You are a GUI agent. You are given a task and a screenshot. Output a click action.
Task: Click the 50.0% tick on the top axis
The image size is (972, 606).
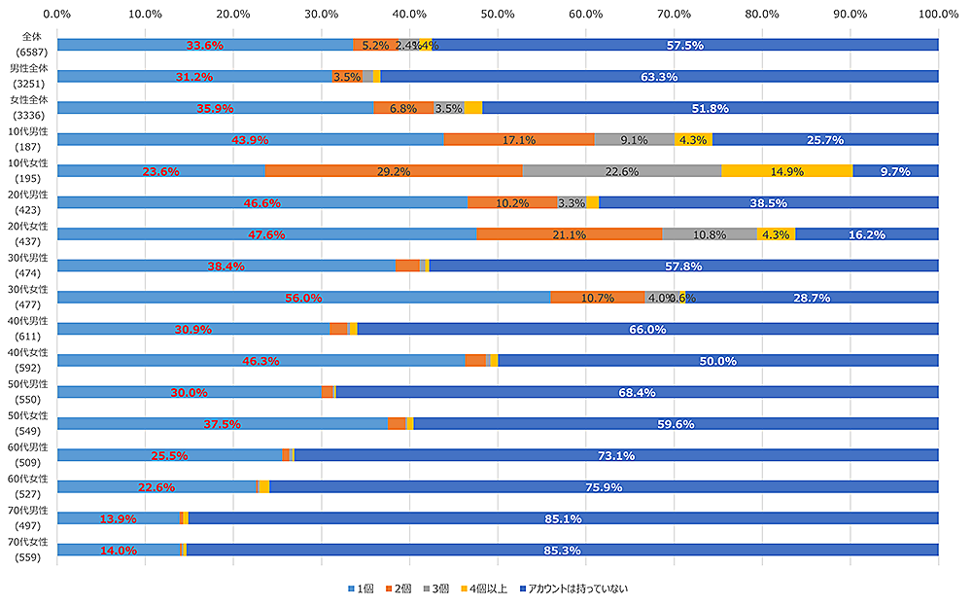click(498, 15)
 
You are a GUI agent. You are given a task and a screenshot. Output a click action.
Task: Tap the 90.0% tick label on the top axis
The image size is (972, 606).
click(850, 15)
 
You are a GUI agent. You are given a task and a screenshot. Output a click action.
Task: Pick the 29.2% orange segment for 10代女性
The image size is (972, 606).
click(394, 171)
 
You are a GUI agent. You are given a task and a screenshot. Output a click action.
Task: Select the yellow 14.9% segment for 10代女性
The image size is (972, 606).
click(786, 171)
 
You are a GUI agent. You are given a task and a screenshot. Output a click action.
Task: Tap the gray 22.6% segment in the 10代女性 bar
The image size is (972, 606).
click(622, 171)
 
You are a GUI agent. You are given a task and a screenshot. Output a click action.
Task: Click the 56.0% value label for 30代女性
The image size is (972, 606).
click(303, 298)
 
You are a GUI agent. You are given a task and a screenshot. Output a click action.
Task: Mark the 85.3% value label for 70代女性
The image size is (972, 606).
click(562, 551)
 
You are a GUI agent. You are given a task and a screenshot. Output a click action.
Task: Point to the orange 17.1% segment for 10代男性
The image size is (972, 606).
click(519, 139)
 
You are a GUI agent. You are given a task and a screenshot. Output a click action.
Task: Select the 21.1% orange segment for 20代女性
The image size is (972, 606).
click(569, 234)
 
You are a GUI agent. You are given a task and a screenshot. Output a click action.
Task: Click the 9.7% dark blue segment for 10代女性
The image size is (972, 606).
click(895, 171)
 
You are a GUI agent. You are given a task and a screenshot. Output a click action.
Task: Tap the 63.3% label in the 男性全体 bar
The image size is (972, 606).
click(659, 76)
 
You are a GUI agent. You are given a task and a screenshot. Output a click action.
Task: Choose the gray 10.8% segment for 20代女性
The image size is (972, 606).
click(709, 234)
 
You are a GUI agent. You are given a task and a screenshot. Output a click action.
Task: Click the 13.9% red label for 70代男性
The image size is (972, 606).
click(118, 519)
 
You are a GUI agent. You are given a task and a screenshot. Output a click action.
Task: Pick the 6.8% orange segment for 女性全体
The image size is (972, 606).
click(403, 108)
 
